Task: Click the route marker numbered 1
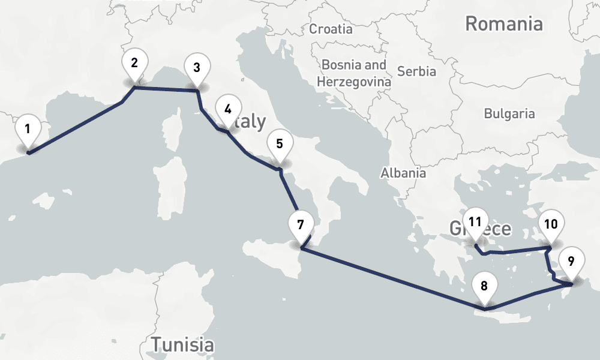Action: [28, 128]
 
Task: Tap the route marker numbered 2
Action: [134, 63]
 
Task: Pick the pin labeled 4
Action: [227, 109]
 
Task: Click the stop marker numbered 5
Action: [279, 144]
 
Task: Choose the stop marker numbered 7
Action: [300, 225]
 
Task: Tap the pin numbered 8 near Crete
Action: [484, 286]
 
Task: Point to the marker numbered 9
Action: [571, 261]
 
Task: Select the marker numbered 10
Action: [550, 224]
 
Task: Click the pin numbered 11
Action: [475, 222]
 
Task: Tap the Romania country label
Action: [504, 24]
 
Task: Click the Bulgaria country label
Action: [509, 113]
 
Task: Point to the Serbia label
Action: [416, 71]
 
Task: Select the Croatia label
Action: [331, 28]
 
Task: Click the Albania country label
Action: [403, 173]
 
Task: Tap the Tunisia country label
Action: [182, 345]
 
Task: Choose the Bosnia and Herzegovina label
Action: [354, 73]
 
